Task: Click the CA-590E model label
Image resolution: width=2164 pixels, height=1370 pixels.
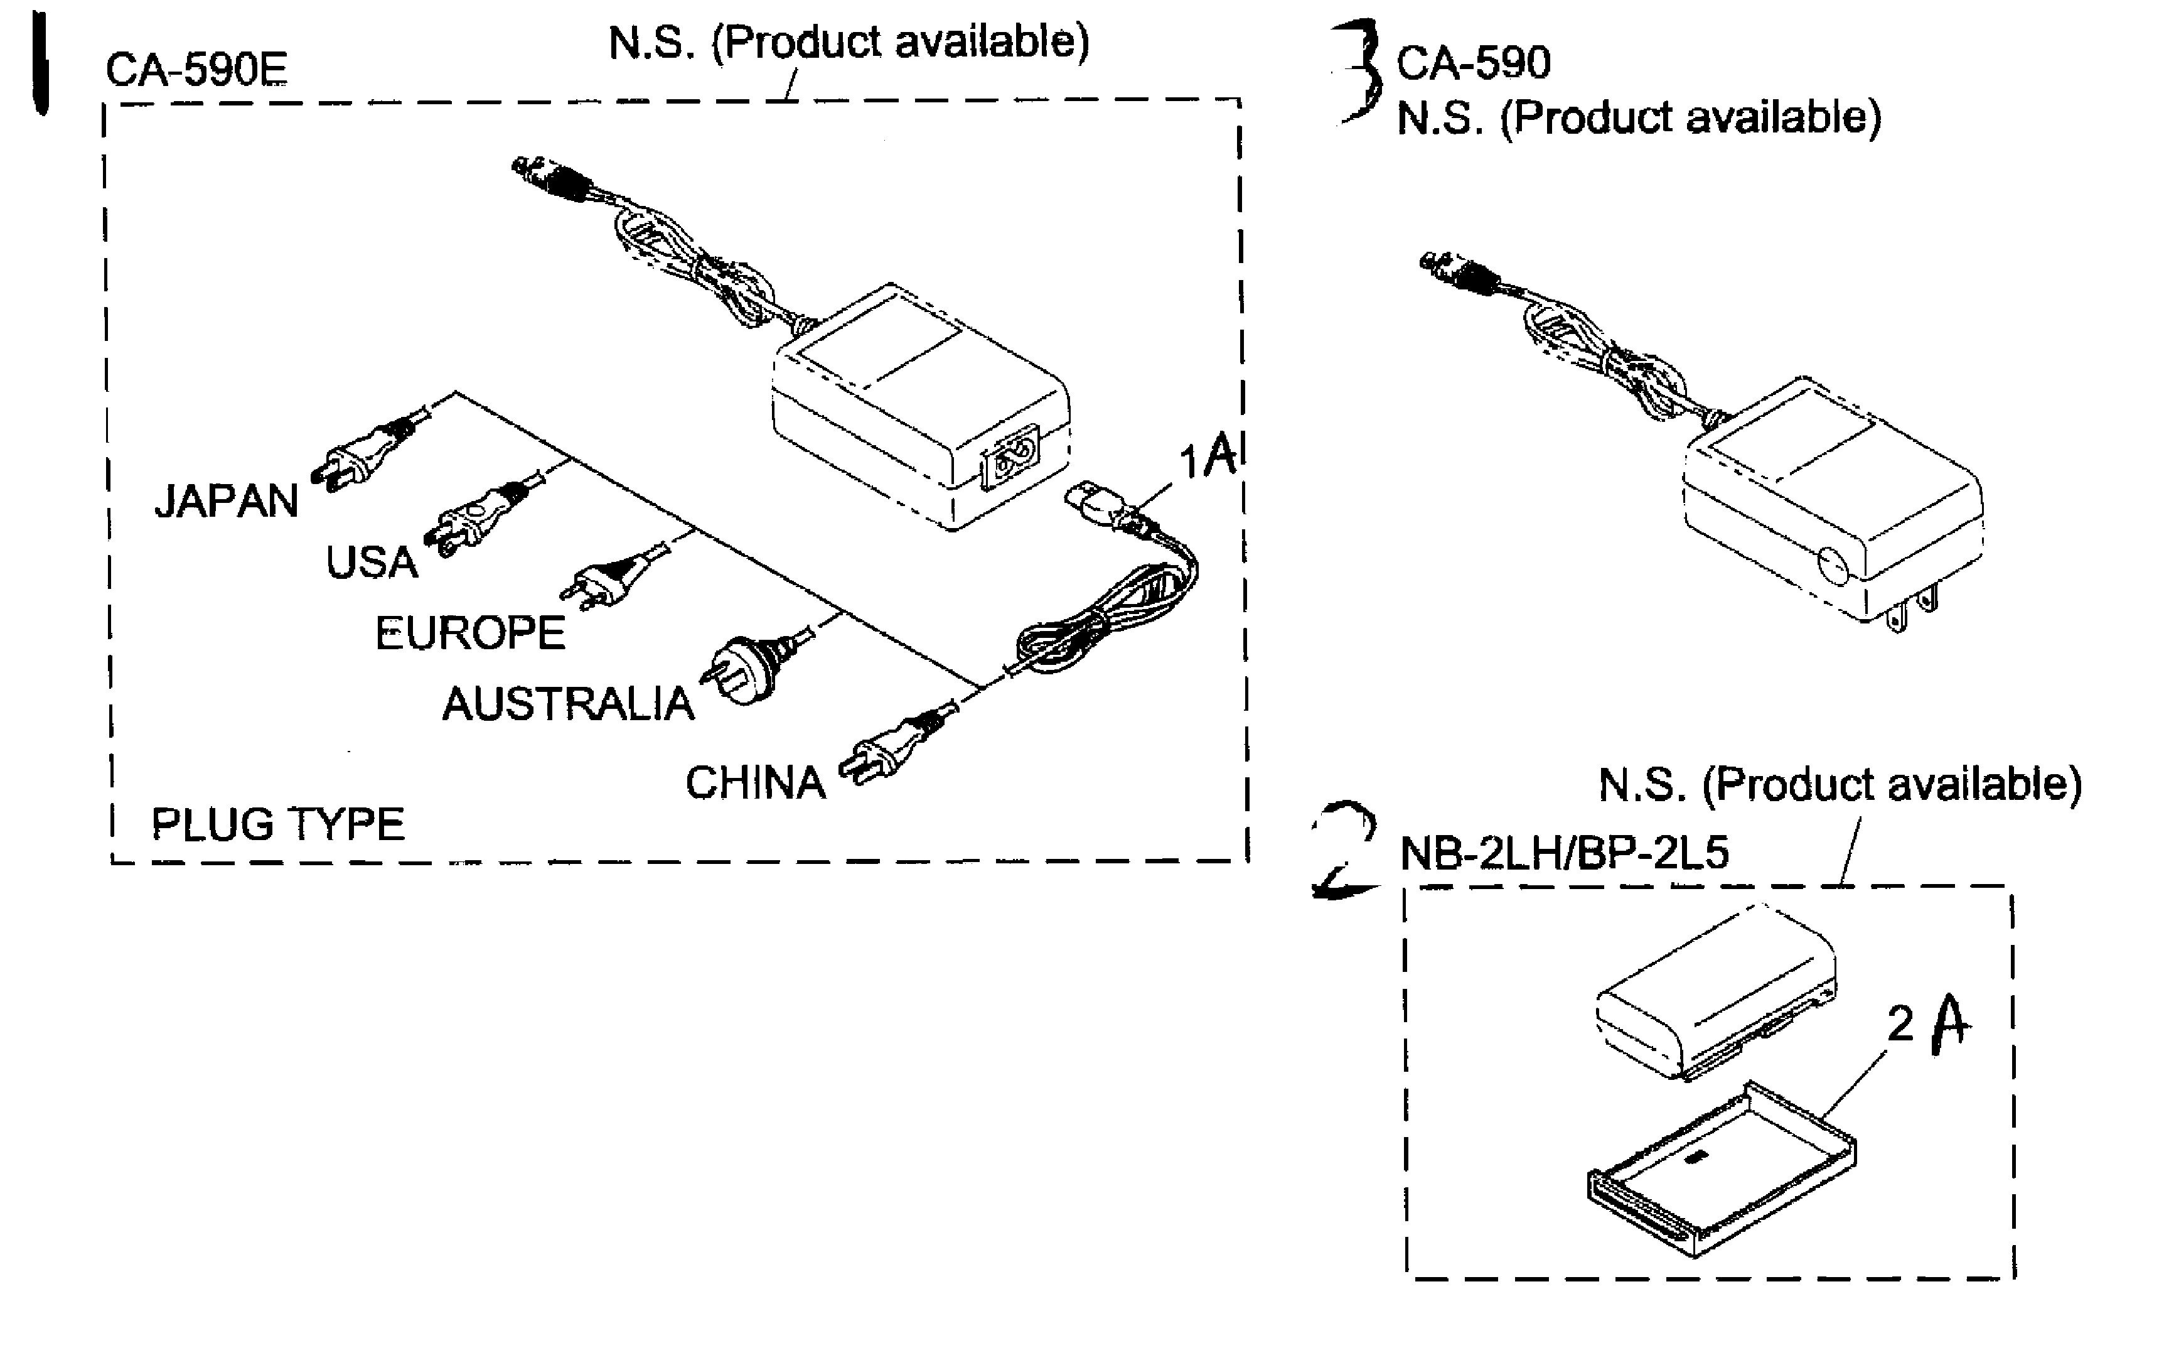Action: tap(196, 69)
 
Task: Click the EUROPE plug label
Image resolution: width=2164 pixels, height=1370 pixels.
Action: tap(470, 633)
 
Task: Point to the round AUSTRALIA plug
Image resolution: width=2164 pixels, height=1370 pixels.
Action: tap(746, 670)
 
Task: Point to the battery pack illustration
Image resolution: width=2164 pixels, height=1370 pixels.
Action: tap(1712, 993)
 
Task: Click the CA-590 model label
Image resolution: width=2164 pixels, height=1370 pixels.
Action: tap(1473, 63)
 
